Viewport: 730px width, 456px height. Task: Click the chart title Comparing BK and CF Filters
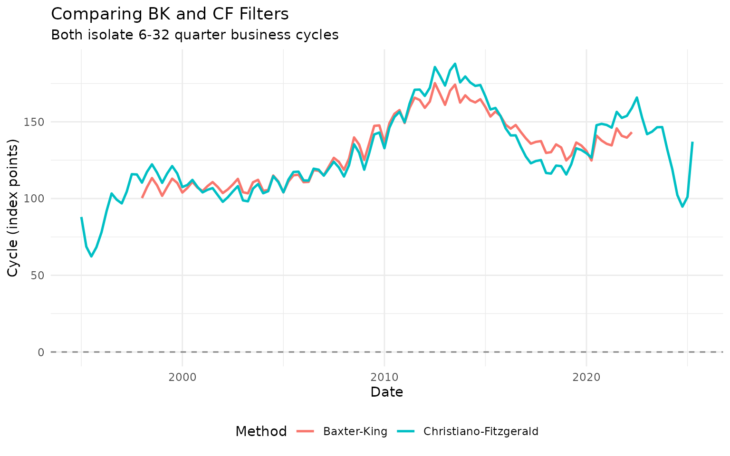click(x=170, y=14)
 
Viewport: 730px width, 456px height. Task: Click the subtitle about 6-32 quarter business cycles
click(x=194, y=35)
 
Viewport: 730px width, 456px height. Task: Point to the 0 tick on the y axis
click(x=41, y=352)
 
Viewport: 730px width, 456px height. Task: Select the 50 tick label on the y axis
click(x=38, y=275)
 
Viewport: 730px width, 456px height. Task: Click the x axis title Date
click(x=386, y=392)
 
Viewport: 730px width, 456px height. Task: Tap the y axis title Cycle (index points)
click(x=13, y=208)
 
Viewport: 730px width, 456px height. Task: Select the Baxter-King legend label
click(x=355, y=431)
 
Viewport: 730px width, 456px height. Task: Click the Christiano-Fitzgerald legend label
click(x=480, y=431)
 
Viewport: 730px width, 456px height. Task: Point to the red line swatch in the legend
click(x=306, y=431)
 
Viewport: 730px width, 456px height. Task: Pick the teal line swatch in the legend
click(x=406, y=431)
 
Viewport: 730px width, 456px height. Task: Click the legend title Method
click(x=261, y=431)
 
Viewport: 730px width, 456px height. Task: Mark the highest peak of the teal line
click(x=455, y=64)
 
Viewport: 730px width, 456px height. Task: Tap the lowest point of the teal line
click(x=91, y=256)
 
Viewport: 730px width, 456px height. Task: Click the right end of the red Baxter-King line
click(x=632, y=133)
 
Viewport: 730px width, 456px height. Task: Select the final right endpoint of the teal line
click(x=692, y=142)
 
